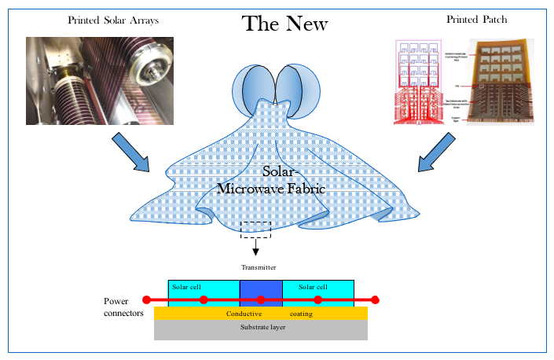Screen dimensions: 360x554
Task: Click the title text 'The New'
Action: click(285, 24)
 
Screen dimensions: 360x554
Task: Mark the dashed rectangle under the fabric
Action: click(255, 230)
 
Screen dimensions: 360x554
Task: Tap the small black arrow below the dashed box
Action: click(255, 248)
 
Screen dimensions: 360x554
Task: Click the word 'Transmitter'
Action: click(259, 267)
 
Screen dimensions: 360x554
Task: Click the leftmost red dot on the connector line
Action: click(146, 299)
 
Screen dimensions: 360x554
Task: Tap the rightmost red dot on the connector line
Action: click(375, 299)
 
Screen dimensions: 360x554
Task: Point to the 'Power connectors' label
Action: click(123, 307)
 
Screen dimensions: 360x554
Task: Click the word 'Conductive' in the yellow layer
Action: click(244, 314)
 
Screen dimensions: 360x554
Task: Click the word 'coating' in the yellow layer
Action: click(300, 314)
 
